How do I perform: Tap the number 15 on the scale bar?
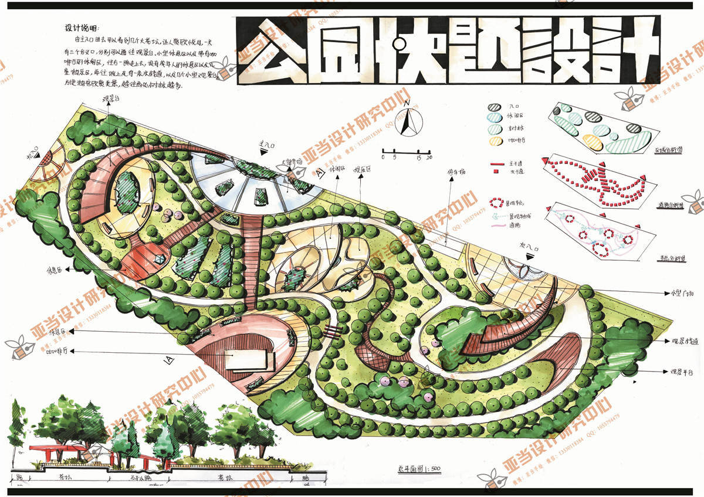pos(418,158)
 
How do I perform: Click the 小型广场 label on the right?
pos(681,292)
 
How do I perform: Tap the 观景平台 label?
pos(682,372)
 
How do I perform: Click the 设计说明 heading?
pos(83,28)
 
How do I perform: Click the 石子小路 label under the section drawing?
pos(134,478)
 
